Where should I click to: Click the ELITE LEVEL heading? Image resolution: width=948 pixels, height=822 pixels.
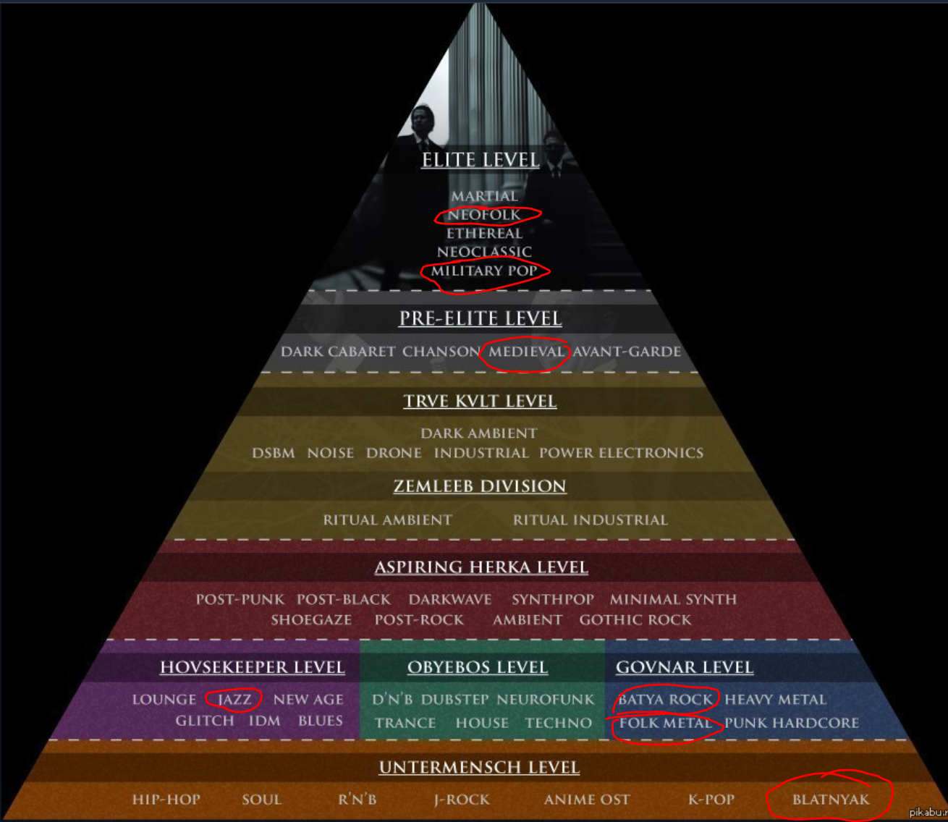coord(481,160)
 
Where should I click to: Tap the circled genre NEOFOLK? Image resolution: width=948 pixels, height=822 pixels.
coord(484,215)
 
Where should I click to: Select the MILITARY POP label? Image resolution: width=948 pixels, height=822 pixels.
coord(484,271)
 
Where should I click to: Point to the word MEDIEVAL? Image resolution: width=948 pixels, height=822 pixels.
coord(526,352)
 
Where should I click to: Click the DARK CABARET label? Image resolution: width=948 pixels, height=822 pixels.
coord(338,352)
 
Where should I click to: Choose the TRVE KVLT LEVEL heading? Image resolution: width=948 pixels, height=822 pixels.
coord(480,402)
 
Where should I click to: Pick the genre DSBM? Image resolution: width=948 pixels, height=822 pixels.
coord(274,454)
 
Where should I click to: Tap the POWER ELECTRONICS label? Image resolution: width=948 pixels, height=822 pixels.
coord(621,454)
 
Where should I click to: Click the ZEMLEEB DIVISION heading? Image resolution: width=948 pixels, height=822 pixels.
coord(480,486)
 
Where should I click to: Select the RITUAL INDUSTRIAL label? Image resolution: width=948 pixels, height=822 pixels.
coord(590,520)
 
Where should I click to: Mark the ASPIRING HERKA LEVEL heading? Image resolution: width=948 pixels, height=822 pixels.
coord(481,567)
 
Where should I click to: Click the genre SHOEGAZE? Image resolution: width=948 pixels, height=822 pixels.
coord(311,620)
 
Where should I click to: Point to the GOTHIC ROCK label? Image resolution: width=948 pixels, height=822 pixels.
coord(635,620)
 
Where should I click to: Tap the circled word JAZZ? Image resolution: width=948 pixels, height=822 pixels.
coord(234,700)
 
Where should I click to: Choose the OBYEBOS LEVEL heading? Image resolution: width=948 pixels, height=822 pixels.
coord(478,667)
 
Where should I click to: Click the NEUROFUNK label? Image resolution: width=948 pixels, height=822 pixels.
coord(545,700)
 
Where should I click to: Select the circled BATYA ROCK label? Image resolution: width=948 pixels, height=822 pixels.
coord(665,700)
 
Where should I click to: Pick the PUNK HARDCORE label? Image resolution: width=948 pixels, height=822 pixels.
coord(792,723)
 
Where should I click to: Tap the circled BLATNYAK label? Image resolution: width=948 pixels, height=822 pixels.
coord(831,800)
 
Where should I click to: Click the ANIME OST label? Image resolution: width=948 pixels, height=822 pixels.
coord(587,800)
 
